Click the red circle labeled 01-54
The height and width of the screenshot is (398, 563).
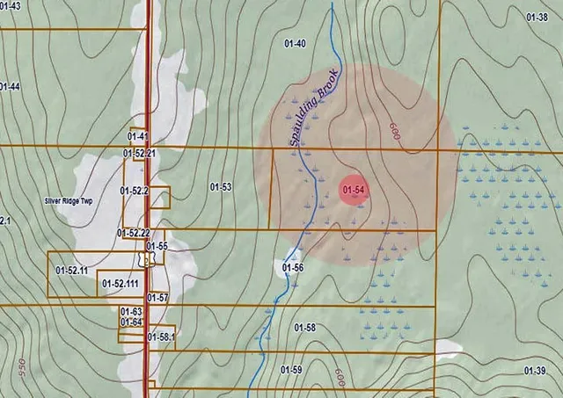point(354,190)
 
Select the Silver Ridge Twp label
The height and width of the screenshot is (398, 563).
point(68,201)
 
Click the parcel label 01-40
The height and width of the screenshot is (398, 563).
point(295,43)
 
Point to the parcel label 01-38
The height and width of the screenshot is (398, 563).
point(536,17)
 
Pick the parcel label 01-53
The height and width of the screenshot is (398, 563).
point(221,186)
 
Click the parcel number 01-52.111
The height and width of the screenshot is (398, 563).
point(121,284)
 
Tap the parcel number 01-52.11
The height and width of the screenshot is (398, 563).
point(71,270)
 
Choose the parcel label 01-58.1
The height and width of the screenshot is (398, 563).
point(163,336)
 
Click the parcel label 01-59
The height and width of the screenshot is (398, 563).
point(291,370)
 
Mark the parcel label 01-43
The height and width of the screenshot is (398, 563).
point(10,6)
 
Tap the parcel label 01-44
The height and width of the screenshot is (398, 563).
point(9,86)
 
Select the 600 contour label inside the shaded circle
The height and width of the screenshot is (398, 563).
point(394,130)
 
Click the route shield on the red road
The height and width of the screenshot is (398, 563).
point(150,260)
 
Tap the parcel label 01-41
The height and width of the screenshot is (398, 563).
point(137,136)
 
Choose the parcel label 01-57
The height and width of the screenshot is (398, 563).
point(157,298)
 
